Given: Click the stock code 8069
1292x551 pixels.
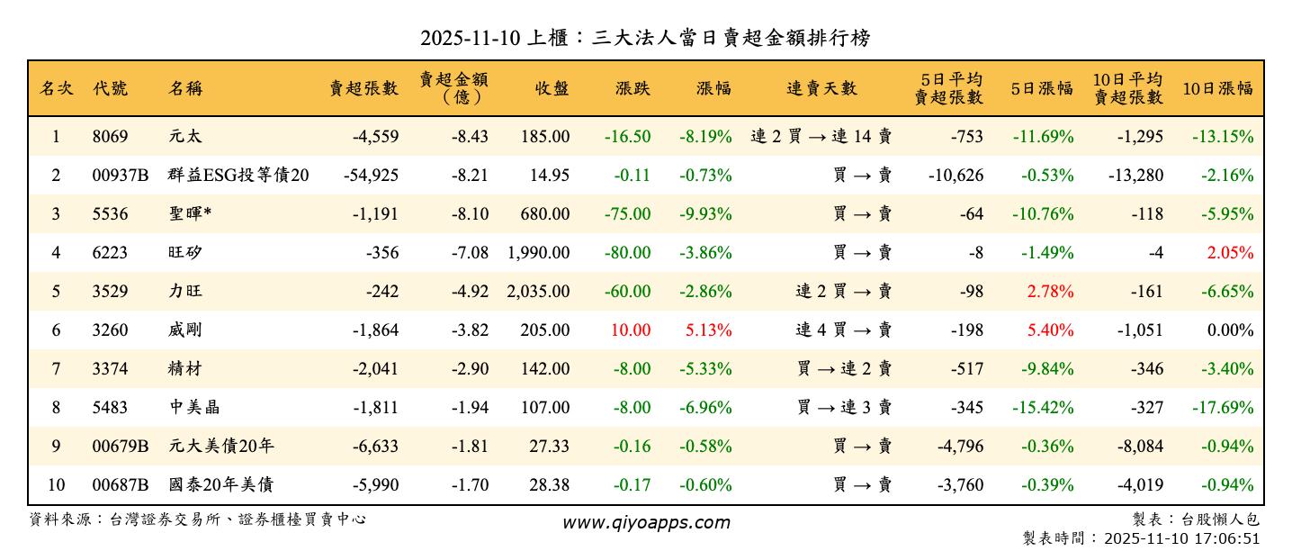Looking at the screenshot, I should pos(110,137).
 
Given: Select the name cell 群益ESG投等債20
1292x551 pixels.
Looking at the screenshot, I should pos(238,176).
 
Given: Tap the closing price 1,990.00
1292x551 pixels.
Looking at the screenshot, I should pos(538,253).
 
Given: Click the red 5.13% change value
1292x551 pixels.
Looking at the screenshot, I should pos(708,330).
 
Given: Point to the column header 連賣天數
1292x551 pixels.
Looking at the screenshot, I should pos(821,88).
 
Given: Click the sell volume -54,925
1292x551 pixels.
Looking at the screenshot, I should pos(371,176).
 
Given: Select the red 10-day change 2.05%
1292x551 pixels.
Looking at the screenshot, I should pos(1230,253).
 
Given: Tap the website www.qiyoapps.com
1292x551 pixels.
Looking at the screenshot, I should pos(646,522).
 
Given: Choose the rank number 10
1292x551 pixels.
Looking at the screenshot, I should pos(56,485).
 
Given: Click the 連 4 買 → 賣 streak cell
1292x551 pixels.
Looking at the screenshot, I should pos(843,330).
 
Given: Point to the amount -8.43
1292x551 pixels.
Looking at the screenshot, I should pos(469,137).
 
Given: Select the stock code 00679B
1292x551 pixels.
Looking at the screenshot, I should pos(120,447).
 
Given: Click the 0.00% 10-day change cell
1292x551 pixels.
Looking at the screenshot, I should pos(1230,330).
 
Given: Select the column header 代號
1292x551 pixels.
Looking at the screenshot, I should pos(110,88).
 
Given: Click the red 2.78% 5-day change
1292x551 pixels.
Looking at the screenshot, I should pos(1050,292).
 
